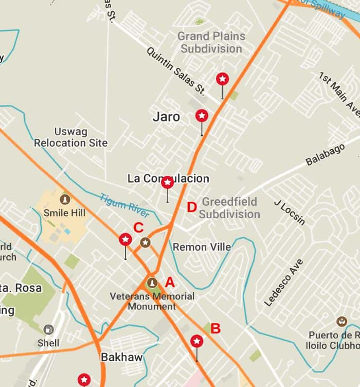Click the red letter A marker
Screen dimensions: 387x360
pos(170,282)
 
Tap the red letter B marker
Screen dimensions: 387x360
pos(215,328)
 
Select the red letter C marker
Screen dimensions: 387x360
pos(138,227)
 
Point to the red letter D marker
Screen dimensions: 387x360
pos(191,207)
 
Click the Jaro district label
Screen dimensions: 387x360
pos(166,117)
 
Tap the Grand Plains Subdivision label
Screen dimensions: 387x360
pos(211,43)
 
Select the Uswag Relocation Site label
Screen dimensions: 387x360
pos(70,137)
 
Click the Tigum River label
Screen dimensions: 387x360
pos(124,205)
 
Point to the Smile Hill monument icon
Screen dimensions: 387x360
pos(65,199)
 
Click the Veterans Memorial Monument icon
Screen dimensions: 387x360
pos(152,283)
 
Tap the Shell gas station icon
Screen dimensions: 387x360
pos(48,330)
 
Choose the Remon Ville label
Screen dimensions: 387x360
pos(202,247)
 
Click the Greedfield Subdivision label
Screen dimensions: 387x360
pos(229,208)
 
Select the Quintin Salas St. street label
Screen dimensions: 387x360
pos(176,71)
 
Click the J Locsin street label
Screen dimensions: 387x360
pos(290,212)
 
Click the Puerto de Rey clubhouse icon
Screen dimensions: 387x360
pos(341,321)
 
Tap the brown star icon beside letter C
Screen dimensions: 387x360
pos(146,242)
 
